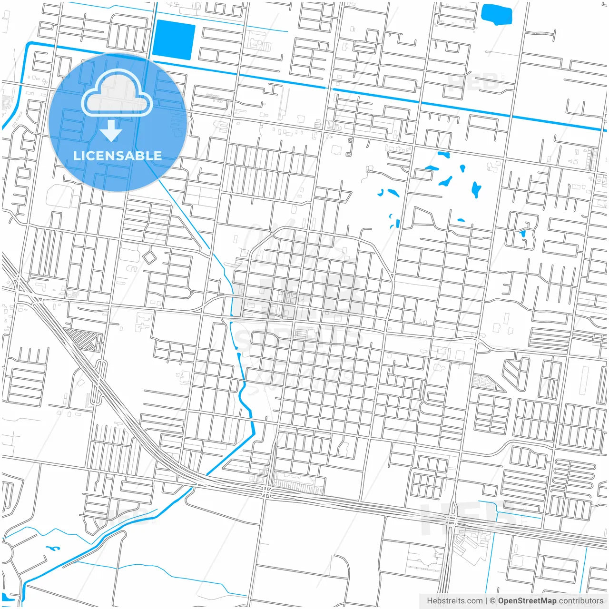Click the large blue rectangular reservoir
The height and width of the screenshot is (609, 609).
tap(174, 40)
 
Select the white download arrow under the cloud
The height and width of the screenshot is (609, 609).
tap(111, 130)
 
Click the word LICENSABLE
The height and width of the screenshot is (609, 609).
tap(117, 156)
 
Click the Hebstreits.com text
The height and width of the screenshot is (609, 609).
tap(454, 601)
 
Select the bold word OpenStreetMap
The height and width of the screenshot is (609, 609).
tap(527, 601)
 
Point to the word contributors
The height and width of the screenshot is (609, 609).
tap(580, 601)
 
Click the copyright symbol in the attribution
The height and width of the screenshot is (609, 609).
tap(493, 601)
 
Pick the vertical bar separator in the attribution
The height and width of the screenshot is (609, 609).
tap(486, 601)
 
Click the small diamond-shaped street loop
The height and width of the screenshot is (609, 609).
tap(150, 257)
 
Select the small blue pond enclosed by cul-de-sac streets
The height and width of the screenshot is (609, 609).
tap(522, 234)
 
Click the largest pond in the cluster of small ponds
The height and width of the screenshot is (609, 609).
tap(476, 189)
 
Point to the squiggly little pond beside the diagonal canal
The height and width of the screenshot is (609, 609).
tap(52, 548)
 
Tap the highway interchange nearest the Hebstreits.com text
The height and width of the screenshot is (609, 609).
tap(451, 521)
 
